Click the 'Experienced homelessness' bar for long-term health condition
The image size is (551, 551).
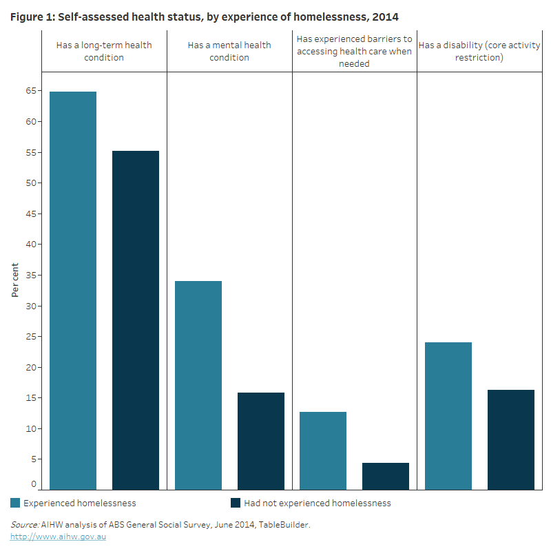point(73,289)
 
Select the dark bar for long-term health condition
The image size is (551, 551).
point(136,320)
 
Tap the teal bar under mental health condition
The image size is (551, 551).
point(198,385)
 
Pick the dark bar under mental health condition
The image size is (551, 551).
point(261,441)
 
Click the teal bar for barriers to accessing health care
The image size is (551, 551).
point(323,450)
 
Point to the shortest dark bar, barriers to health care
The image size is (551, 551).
point(386,476)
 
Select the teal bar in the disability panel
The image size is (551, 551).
point(448,415)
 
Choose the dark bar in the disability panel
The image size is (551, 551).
point(511,439)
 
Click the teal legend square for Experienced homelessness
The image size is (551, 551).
point(16,503)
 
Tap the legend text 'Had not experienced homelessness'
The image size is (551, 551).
point(317,503)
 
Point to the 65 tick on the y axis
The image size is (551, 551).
point(32,91)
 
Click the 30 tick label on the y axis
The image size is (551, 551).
point(32,306)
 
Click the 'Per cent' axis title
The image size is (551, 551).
point(15,281)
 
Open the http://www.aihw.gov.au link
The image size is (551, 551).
point(57,536)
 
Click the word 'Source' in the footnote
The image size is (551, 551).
point(24,525)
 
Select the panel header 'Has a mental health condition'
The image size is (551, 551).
point(229,51)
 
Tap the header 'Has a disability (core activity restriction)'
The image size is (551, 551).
point(479,51)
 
